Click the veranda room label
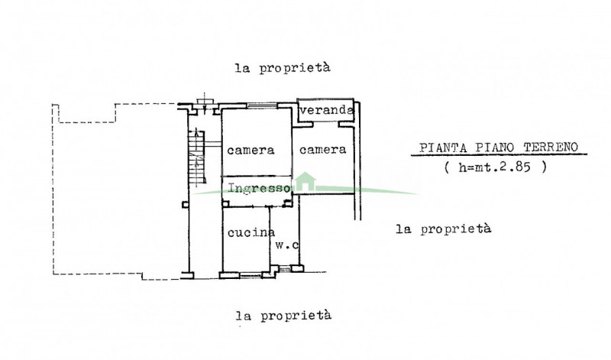(x=327, y=110)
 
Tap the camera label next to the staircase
(x=251, y=150)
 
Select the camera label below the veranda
(x=322, y=150)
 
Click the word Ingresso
(x=259, y=188)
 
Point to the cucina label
(x=251, y=233)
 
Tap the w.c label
(x=287, y=245)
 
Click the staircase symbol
(x=197, y=156)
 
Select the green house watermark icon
(x=305, y=181)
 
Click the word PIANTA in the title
(x=443, y=148)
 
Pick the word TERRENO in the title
(x=551, y=147)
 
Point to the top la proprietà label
(x=283, y=68)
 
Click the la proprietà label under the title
(x=444, y=229)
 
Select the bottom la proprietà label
(x=283, y=315)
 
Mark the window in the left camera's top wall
(x=262, y=105)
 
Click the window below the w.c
(x=285, y=268)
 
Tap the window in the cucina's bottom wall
(x=251, y=275)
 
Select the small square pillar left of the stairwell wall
(x=185, y=204)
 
